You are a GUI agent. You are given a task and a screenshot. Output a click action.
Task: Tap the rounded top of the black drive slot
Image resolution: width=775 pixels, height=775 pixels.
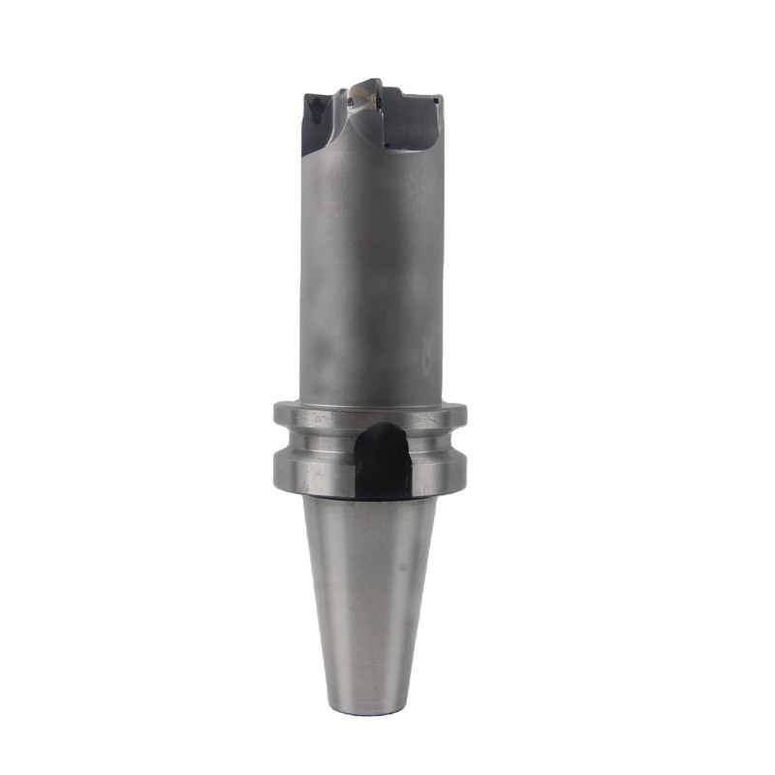click(380, 429)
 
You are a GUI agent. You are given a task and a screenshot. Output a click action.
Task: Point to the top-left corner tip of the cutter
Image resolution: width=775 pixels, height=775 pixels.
click(306, 94)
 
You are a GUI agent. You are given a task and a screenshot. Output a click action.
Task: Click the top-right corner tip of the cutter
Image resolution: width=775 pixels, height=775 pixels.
click(441, 97)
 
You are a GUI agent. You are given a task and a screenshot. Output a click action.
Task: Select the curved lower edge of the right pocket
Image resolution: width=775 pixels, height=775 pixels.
click(417, 147)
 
